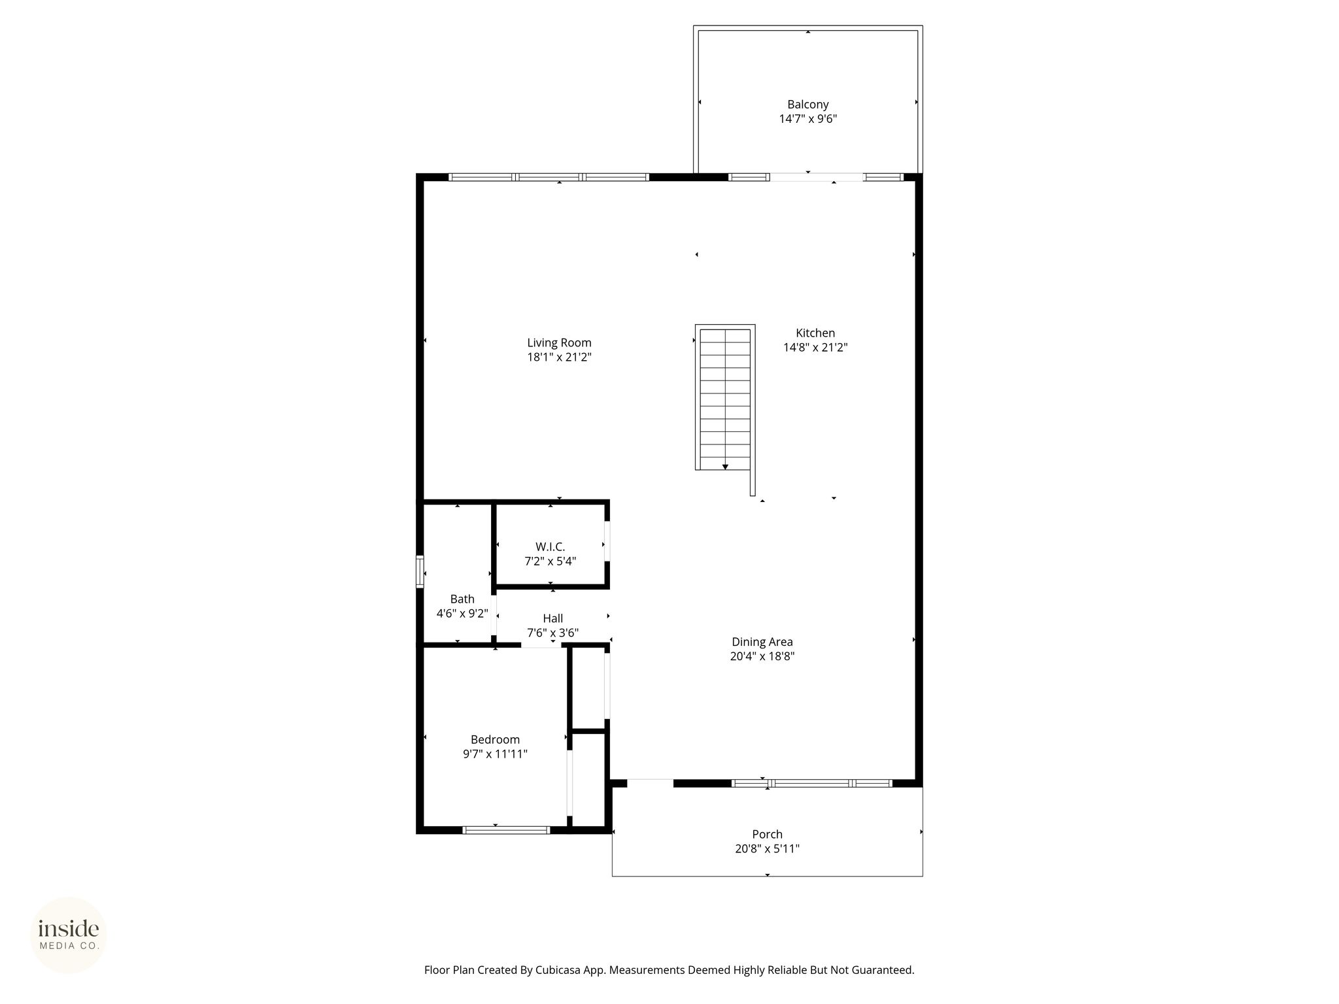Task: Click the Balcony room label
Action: [807, 105]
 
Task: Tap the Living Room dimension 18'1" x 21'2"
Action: [559, 357]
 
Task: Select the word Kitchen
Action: [815, 333]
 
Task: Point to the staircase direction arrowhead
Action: [725, 467]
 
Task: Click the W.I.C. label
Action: [550, 546]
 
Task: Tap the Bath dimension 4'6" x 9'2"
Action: [462, 613]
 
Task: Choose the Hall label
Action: [552, 618]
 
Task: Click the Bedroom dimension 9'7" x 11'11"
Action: [495, 754]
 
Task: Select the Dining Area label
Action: [762, 642]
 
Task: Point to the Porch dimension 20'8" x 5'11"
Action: [767, 848]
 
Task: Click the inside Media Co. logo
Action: [69, 935]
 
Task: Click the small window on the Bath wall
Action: [420, 572]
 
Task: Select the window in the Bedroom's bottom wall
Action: [506, 830]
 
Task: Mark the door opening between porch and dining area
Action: [650, 782]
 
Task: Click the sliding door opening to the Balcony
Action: [817, 176]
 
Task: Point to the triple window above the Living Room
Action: [549, 176]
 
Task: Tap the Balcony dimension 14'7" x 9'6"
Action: [807, 119]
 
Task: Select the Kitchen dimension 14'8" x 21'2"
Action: [815, 347]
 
